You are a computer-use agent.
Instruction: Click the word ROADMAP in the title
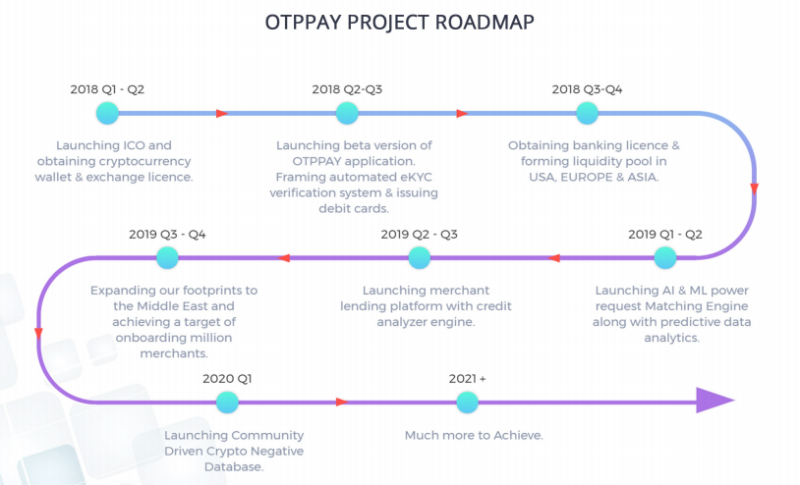click(x=485, y=22)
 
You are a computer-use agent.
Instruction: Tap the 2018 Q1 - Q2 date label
click(x=107, y=89)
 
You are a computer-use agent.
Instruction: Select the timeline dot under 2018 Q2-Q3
click(x=347, y=113)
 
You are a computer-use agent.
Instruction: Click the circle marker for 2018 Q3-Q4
click(x=587, y=113)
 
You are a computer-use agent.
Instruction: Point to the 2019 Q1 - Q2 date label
click(x=664, y=235)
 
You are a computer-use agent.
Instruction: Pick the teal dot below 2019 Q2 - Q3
click(x=420, y=258)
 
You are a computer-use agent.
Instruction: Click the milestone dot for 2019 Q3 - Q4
click(x=167, y=258)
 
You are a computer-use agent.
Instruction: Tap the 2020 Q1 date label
click(x=227, y=379)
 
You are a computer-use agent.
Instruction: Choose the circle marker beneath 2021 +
click(x=467, y=403)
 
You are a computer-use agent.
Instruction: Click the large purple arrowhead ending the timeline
click(x=714, y=401)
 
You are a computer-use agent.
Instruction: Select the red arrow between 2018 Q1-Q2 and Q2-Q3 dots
click(x=221, y=113)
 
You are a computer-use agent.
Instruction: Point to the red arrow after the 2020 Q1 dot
click(x=342, y=402)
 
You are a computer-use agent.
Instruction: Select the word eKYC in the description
click(x=415, y=178)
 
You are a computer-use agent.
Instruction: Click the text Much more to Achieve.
click(x=474, y=436)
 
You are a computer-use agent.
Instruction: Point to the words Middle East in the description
click(x=174, y=306)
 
